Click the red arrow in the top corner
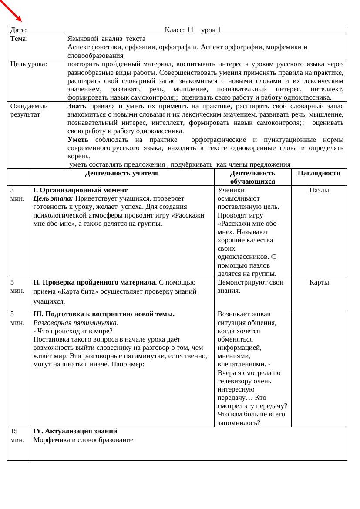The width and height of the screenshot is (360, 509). (11, 11)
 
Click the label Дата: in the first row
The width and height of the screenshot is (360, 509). (19, 30)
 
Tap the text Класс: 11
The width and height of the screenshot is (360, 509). (179, 30)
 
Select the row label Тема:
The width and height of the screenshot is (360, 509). (19, 39)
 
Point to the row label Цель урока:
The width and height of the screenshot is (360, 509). (29, 64)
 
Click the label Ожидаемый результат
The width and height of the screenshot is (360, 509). (29, 110)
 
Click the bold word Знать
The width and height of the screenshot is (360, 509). (77, 106)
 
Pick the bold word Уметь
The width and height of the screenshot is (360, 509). (78, 140)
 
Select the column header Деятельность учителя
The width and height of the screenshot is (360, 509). (122, 173)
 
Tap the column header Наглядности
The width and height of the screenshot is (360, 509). (319, 173)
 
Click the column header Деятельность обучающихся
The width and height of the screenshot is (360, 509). (252, 177)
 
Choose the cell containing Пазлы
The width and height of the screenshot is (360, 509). (319, 190)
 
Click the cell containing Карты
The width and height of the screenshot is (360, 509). (319, 282)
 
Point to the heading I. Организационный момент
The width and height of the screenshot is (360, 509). (81, 190)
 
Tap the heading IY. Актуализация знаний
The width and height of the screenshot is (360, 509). (75, 431)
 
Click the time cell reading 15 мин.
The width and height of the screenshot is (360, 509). (17, 435)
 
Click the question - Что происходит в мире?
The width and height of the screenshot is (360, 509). (73, 331)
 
